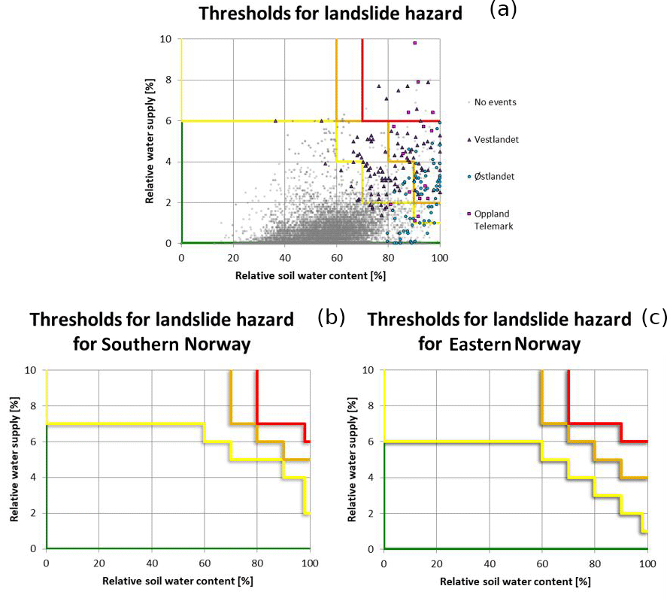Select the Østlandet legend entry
(496, 176)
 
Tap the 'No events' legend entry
(495, 102)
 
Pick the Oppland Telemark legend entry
(493, 219)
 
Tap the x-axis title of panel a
(310, 275)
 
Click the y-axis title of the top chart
(150, 141)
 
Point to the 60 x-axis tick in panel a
(336, 257)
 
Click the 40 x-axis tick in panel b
(152, 563)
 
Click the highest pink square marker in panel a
(414, 43)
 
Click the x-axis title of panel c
(514, 581)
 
